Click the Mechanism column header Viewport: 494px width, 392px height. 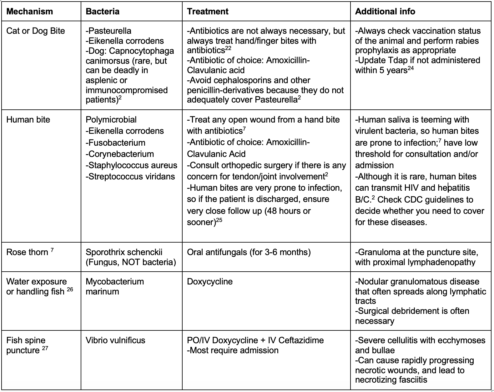click(x=30, y=12)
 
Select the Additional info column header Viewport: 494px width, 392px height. click(x=385, y=12)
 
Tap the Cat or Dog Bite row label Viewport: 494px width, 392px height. click(x=36, y=31)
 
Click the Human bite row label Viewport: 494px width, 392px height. click(x=28, y=120)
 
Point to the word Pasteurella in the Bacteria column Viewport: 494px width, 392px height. click(x=110, y=31)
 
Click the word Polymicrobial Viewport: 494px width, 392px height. click(x=111, y=120)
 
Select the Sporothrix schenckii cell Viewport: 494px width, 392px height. click(x=124, y=252)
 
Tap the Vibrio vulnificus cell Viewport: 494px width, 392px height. click(x=115, y=340)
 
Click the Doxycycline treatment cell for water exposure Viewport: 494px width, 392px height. click(x=210, y=282)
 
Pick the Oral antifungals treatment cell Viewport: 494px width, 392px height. click(x=249, y=252)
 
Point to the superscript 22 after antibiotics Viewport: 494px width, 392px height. click(x=229, y=48)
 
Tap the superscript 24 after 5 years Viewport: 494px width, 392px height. click(x=411, y=68)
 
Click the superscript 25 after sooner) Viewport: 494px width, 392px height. click(x=219, y=220)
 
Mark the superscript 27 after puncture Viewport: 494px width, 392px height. click(x=45, y=348)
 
